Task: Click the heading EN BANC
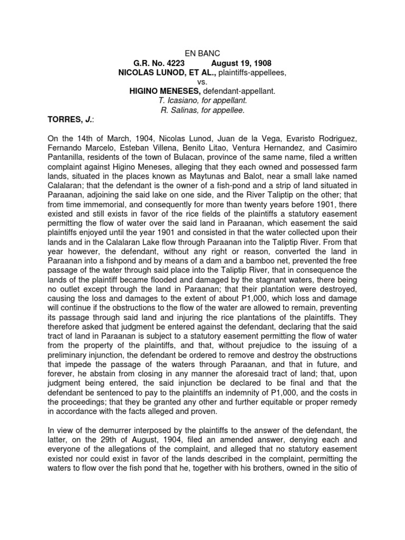click(202, 53)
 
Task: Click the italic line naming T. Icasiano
click(202, 101)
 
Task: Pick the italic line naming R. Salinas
click(202, 110)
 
